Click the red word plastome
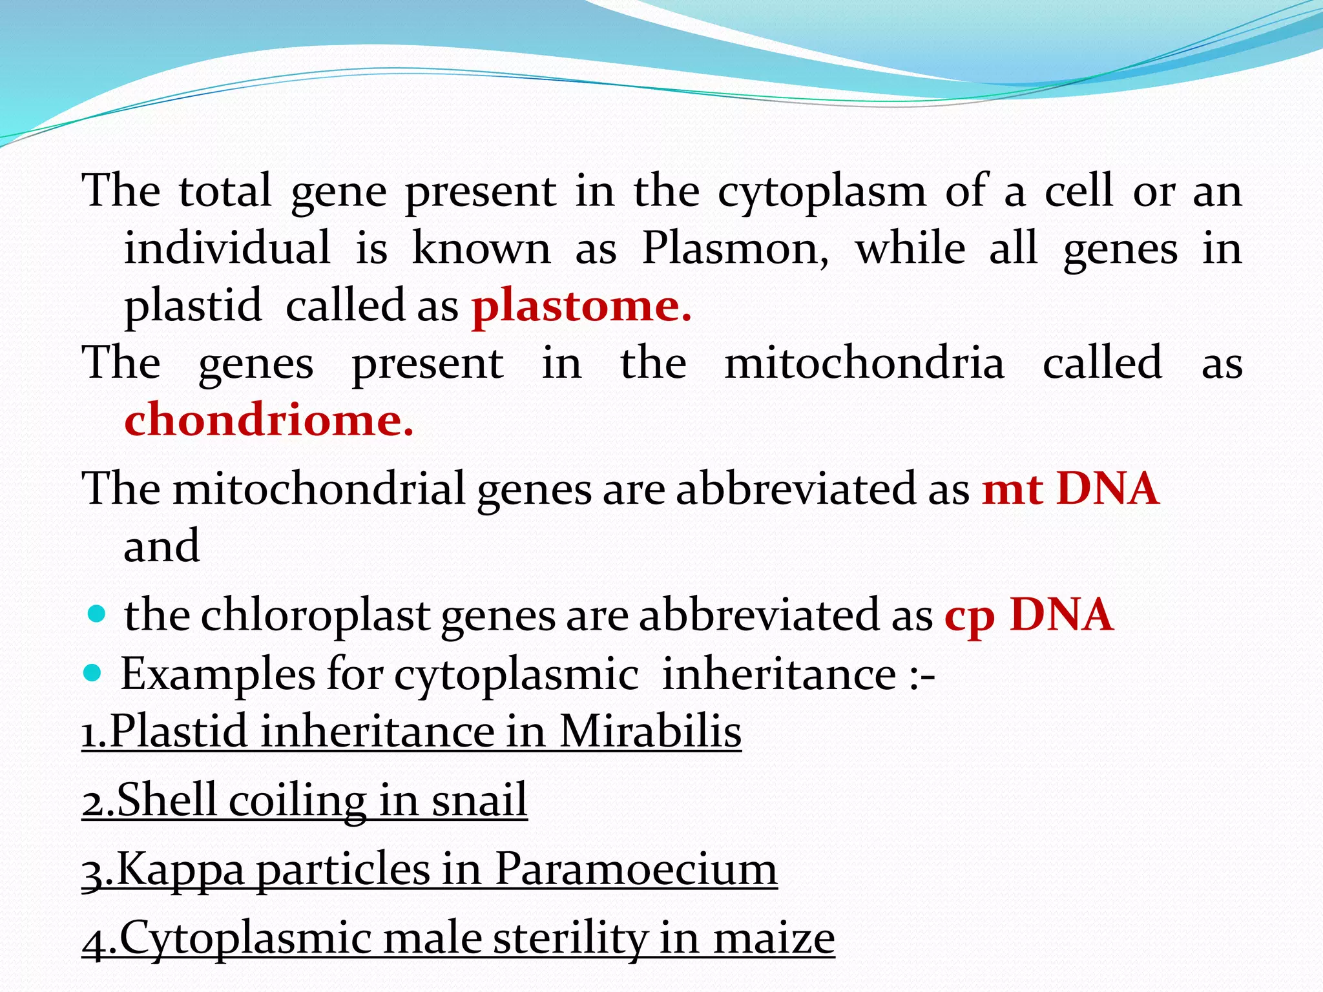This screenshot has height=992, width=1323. pyautogui.click(x=581, y=306)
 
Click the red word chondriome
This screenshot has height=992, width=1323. pyautogui.click(x=268, y=420)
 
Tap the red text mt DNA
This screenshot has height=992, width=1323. pyautogui.click(x=1070, y=488)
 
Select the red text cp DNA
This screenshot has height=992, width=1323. pyautogui.click(x=1028, y=614)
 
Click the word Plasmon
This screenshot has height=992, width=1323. pyautogui.click(x=735, y=249)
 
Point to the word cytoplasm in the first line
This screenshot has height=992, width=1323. pyautogui.click(x=822, y=192)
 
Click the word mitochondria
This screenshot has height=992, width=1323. pyautogui.click(x=864, y=363)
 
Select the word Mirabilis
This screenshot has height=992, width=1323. pyautogui.click(x=650, y=732)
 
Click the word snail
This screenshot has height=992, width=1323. pyautogui.click(x=479, y=800)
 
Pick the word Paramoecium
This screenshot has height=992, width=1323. pyautogui.click(x=636, y=869)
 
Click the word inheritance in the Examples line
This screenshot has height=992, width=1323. pyautogui.click(x=779, y=675)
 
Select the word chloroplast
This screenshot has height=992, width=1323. pyautogui.click(x=315, y=615)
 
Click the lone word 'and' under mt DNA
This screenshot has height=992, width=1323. pyautogui.click(x=161, y=546)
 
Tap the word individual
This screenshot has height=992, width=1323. pyautogui.click(x=227, y=249)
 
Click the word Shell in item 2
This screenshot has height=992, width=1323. pyautogui.click(x=166, y=800)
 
